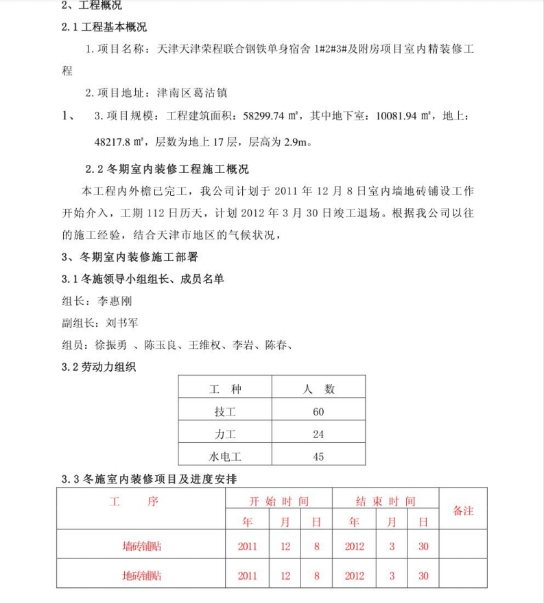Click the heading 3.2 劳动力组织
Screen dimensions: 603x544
pos(99,367)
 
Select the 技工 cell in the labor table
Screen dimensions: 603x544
pos(225,411)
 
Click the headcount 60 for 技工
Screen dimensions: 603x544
pos(318,411)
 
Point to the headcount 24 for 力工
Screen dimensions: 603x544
pos(318,434)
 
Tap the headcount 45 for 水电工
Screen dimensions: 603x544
pos(318,456)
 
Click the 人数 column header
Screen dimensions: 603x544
pos(318,389)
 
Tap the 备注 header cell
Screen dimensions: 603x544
pos(463,511)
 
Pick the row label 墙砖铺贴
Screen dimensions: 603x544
pos(141,547)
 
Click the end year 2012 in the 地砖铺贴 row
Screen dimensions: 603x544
pos(354,576)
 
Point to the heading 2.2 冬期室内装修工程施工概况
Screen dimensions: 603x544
pos(167,169)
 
